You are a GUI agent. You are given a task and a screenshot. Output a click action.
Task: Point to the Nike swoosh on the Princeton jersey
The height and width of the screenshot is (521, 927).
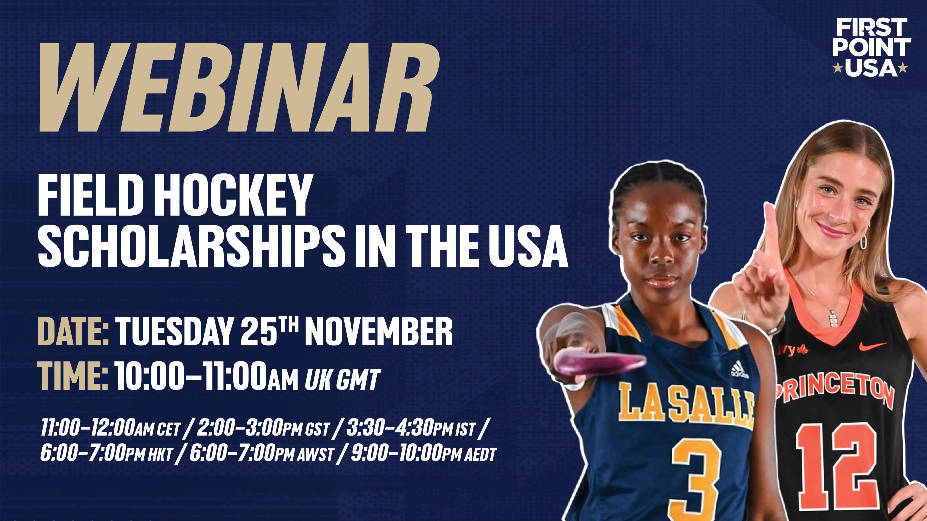click(x=873, y=346)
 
